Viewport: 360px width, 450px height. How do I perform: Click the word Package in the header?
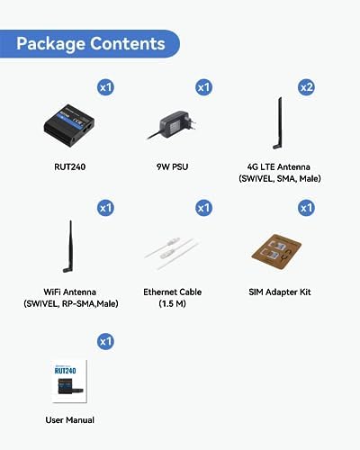click(x=50, y=44)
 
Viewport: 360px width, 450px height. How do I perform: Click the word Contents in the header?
click(x=128, y=43)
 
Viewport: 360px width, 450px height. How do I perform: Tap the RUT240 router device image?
click(x=69, y=125)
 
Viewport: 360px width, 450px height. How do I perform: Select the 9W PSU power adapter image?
click(x=172, y=125)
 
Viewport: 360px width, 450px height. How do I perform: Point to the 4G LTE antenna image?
click(x=278, y=123)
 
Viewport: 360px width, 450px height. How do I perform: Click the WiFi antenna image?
click(x=68, y=247)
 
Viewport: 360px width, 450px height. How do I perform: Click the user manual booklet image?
click(x=69, y=381)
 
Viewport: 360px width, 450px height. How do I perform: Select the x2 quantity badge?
click(x=306, y=87)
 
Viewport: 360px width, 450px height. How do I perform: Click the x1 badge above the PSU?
click(x=203, y=87)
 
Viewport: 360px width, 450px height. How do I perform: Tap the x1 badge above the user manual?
click(x=105, y=341)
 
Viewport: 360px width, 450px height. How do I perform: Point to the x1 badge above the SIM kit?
click(x=306, y=208)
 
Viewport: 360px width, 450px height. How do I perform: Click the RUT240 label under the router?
click(x=70, y=166)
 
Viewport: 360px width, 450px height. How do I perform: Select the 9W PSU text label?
click(x=172, y=166)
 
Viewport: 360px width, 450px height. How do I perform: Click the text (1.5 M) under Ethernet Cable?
click(x=172, y=303)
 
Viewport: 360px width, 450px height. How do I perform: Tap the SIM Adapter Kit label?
click(x=280, y=292)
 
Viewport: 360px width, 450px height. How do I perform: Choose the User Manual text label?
click(x=70, y=420)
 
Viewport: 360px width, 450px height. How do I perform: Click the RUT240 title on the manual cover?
click(x=65, y=371)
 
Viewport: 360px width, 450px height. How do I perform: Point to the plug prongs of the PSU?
click(x=192, y=123)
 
